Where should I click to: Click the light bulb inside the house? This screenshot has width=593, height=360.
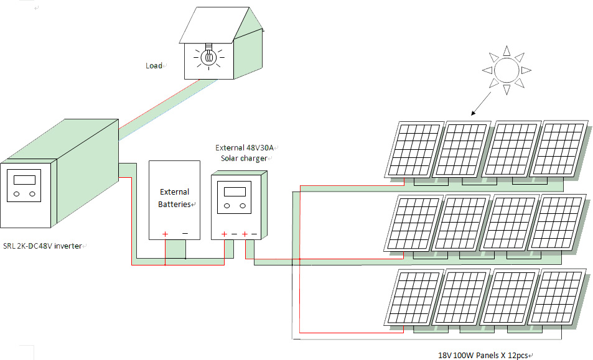point(209,57)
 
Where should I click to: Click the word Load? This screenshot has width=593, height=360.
point(154,66)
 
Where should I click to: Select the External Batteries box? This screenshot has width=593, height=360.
point(174,199)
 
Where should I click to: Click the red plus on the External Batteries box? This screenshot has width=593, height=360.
point(166,234)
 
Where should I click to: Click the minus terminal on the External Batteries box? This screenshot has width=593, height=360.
point(185,234)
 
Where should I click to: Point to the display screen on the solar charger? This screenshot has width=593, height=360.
point(235,190)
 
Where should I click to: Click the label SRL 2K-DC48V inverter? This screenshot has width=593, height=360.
point(42,246)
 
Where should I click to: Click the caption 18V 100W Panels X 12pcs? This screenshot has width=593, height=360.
point(482,355)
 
